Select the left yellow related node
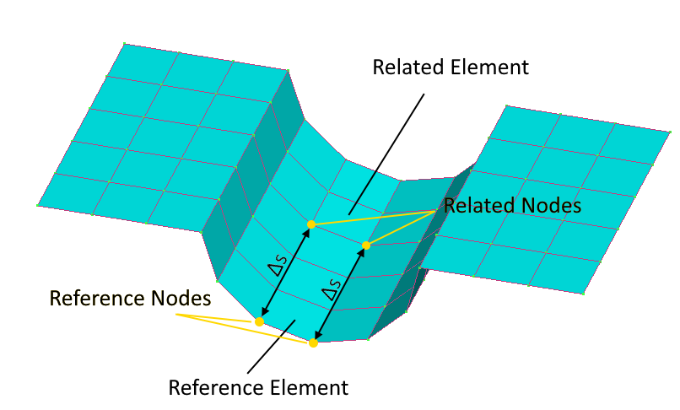point(311,224)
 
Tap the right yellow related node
point(366,245)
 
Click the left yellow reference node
point(259,321)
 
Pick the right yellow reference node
point(313,343)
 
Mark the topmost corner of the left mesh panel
point(123,43)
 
